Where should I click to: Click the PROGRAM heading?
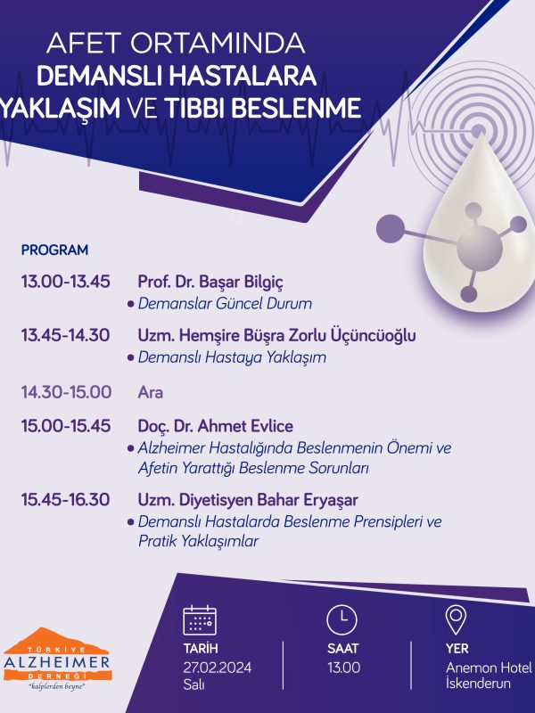(54, 250)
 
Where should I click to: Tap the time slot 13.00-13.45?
(65, 282)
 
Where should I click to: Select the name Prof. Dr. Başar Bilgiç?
(210, 283)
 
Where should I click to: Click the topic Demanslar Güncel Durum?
(225, 304)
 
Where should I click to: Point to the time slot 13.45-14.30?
(65, 336)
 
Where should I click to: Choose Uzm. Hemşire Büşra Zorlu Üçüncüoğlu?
(276, 336)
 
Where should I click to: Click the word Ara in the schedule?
(150, 392)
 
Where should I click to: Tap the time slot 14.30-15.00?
(66, 392)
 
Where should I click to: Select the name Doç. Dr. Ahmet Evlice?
(215, 427)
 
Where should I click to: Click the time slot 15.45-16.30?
(65, 500)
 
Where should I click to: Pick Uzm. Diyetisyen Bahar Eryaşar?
(248, 501)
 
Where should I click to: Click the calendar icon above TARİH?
(200, 619)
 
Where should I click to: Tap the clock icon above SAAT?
(342, 619)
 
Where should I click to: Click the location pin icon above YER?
(456, 619)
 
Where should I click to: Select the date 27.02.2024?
(218, 668)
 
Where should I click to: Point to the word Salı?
(193, 684)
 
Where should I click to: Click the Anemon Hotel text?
(489, 668)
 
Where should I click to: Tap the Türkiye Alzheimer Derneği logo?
(57, 659)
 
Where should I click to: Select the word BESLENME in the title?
(300, 109)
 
